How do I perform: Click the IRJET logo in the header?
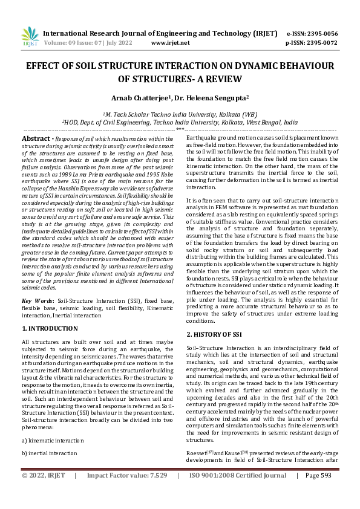29,36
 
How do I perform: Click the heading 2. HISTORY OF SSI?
214,334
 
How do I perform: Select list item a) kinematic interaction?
53,440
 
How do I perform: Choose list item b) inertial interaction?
50,452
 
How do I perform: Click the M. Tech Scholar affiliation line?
180,114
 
